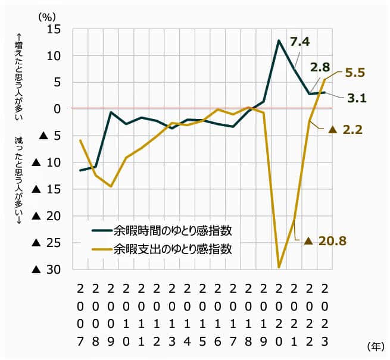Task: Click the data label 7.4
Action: tap(300, 41)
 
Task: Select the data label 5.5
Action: tap(355, 73)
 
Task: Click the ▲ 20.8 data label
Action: tap(325, 241)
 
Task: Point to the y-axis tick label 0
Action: tap(58, 109)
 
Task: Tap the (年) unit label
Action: tap(376, 345)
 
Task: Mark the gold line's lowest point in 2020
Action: tap(279, 267)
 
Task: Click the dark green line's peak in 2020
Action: tap(279, 40)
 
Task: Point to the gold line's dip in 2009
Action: tap(111, 186)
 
